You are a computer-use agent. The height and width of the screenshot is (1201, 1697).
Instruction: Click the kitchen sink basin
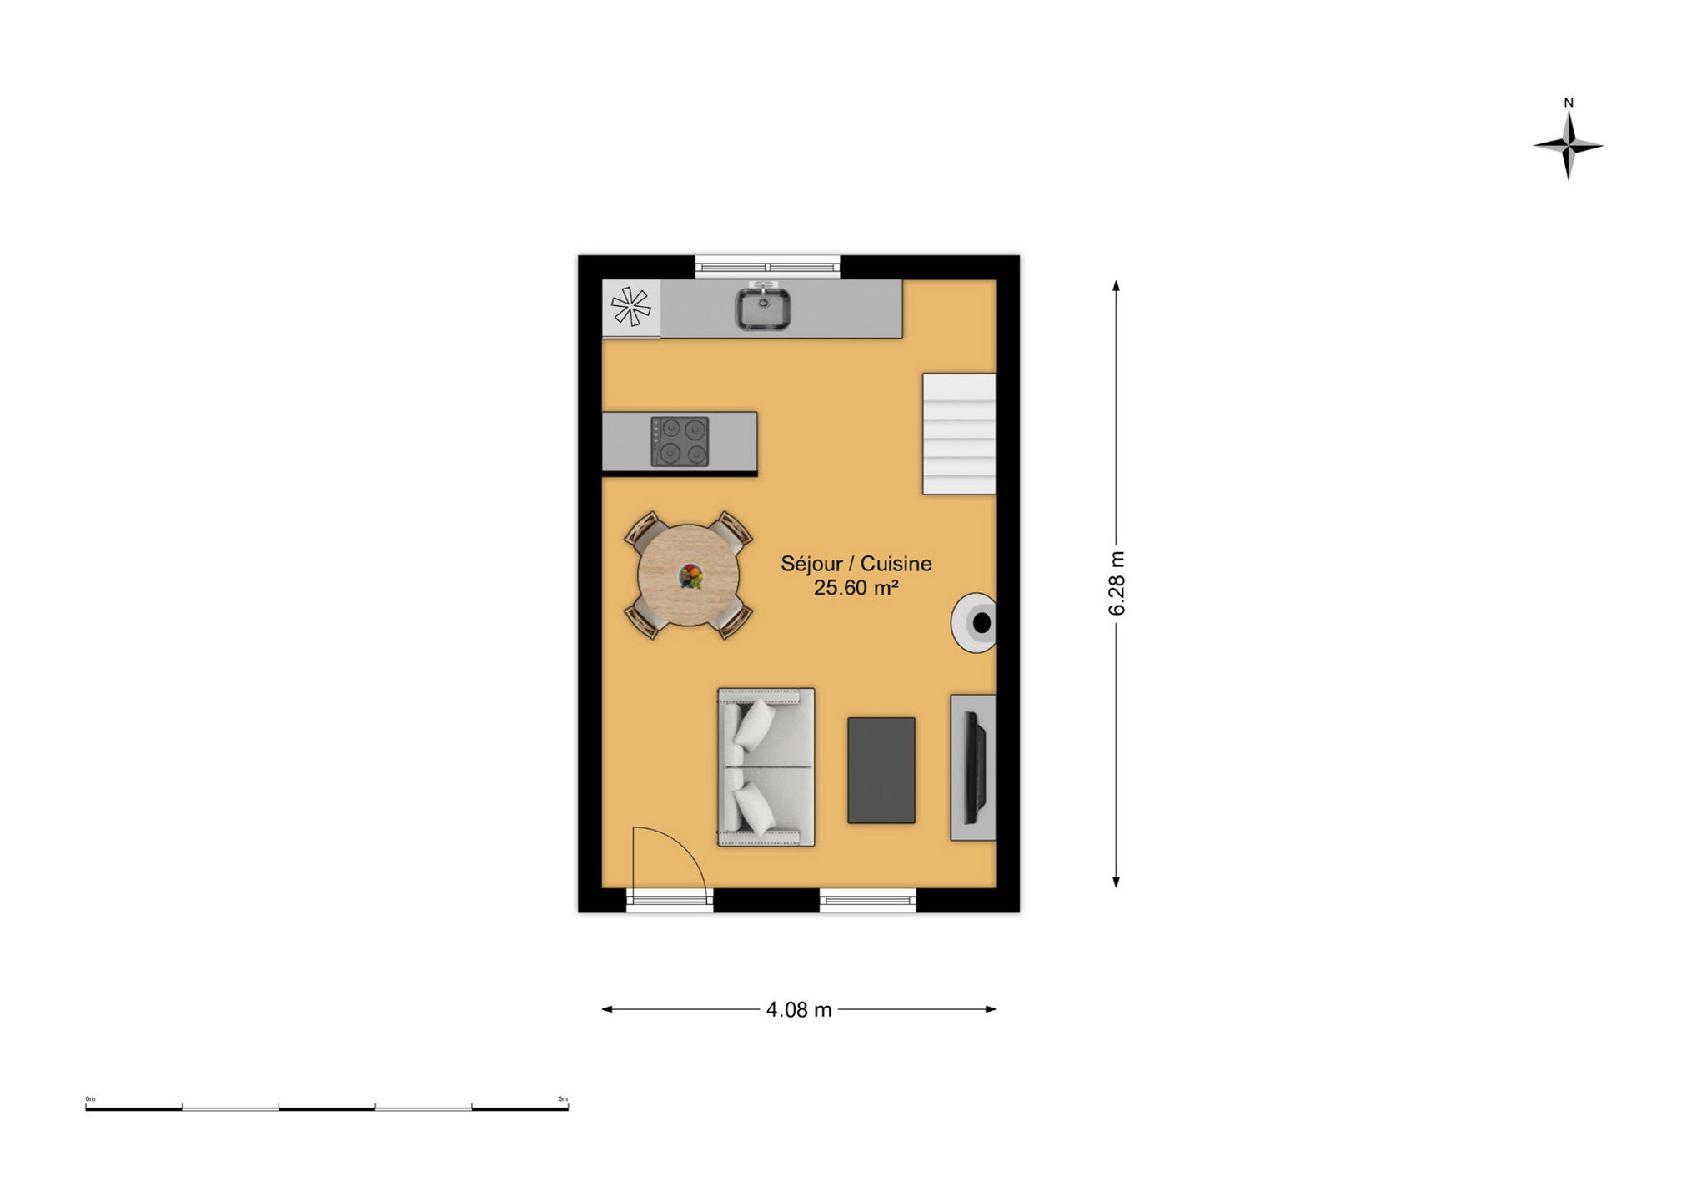tap(762, 309)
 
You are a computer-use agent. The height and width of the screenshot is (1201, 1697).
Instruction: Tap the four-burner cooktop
tap(680, 441)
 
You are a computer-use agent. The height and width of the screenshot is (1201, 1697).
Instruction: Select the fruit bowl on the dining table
tap(690, 575)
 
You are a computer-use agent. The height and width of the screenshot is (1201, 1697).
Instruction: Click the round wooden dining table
tap(688, 575)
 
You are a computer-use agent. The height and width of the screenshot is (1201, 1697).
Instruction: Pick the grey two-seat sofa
tap(766, 766)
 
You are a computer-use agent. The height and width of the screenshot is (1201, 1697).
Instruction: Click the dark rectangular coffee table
tap(881, 770)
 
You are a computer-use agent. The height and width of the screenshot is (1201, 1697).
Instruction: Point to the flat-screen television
tap(975, 766)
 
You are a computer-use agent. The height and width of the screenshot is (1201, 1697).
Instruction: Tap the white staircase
tap(959, 434)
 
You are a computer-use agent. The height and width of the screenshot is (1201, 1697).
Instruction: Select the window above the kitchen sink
tap(767, 267)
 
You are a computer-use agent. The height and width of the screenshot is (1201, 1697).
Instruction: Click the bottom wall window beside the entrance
tap(867, 900)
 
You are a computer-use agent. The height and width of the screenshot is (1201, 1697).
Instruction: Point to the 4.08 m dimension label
tap(799, 1009)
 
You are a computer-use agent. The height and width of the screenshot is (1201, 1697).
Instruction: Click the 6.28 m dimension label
tap(1117, 583)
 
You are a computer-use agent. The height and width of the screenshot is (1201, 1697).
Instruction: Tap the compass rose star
tap(1568, 146)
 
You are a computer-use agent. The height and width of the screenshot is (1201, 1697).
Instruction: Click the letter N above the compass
tap(1569, 103)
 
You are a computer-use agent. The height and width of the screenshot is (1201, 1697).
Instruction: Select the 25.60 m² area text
tap(856, 587)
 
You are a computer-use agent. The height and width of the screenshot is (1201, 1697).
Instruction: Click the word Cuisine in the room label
tap(896, 564)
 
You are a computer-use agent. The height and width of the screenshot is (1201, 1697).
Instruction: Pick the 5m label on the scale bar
tap(563, 1098)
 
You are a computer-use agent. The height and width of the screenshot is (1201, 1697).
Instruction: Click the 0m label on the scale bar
tap(90, 1098)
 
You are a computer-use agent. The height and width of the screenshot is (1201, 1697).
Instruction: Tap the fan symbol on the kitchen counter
tap(630, 307)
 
